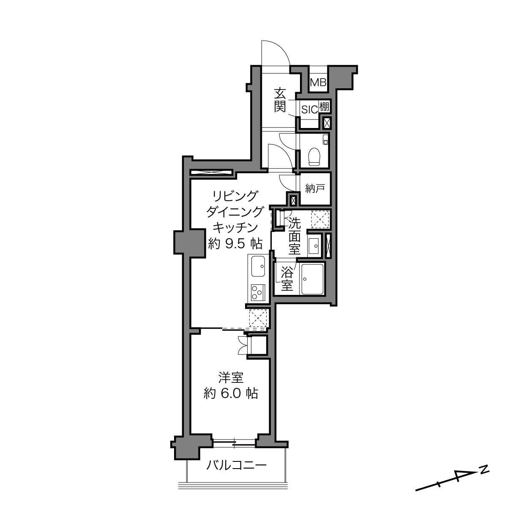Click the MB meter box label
click(318, 82)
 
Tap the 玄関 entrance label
click(280, 101)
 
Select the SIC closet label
click(309, 110)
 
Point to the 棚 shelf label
click(324, 106)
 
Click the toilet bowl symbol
click(315, 157)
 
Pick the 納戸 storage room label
click(315, 188)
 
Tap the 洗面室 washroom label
click(294, 237)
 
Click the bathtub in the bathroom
click(312, 279)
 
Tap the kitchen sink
click(258, 267)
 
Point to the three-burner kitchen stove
click(258, 292)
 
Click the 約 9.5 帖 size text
click(235, 243)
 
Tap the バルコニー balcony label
click(236, 465)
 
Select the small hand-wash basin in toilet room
click(326, 140)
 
